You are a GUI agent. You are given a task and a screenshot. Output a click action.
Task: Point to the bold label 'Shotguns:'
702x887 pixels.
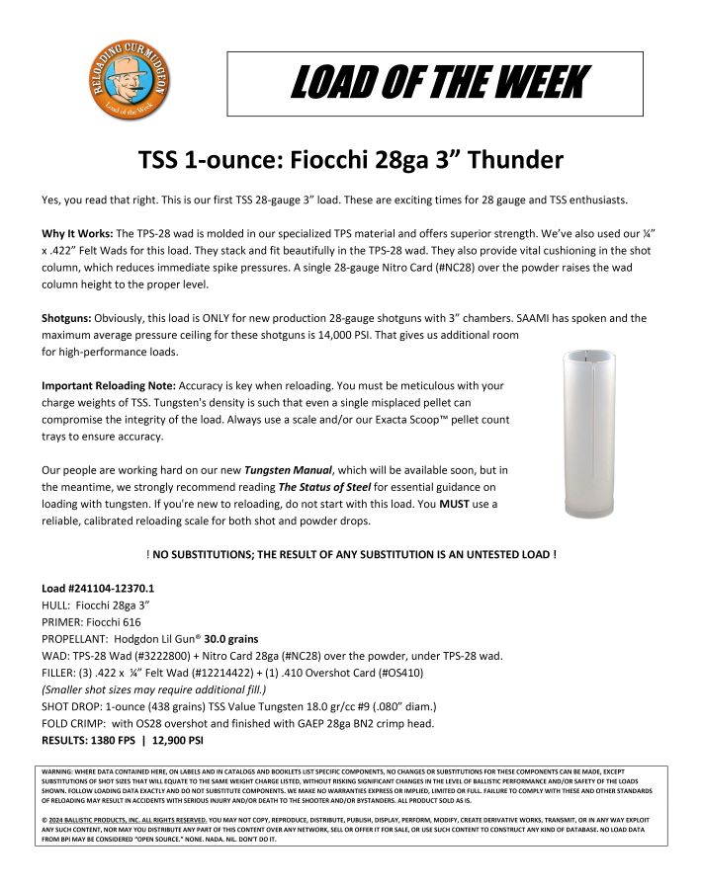coord(66,318)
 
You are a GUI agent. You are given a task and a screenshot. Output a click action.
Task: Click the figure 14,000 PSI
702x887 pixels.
coord(301,335)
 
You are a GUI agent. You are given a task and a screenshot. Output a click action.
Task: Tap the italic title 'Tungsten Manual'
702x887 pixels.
coord(287,470)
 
